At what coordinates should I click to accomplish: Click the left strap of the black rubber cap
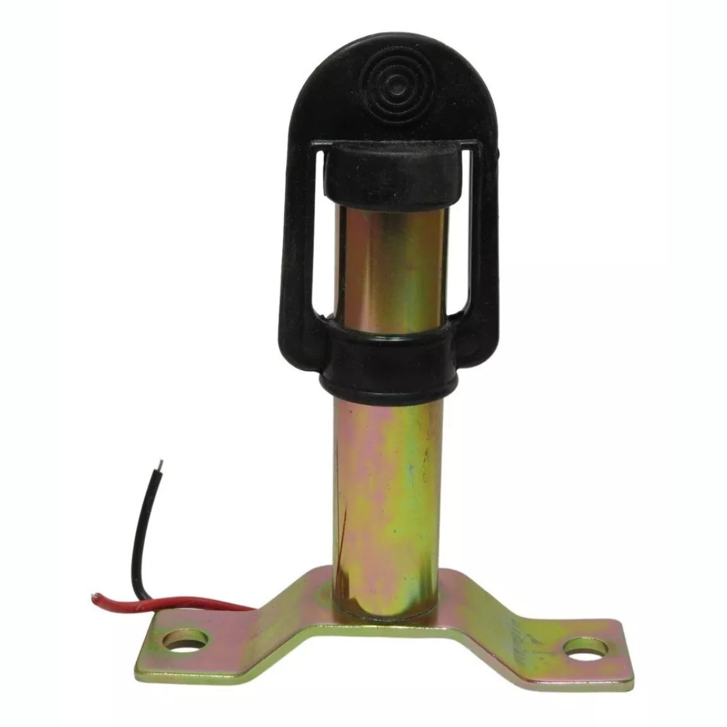click(x=308, y=242)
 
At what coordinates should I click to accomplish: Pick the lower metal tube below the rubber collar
click(x=388, y=485)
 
